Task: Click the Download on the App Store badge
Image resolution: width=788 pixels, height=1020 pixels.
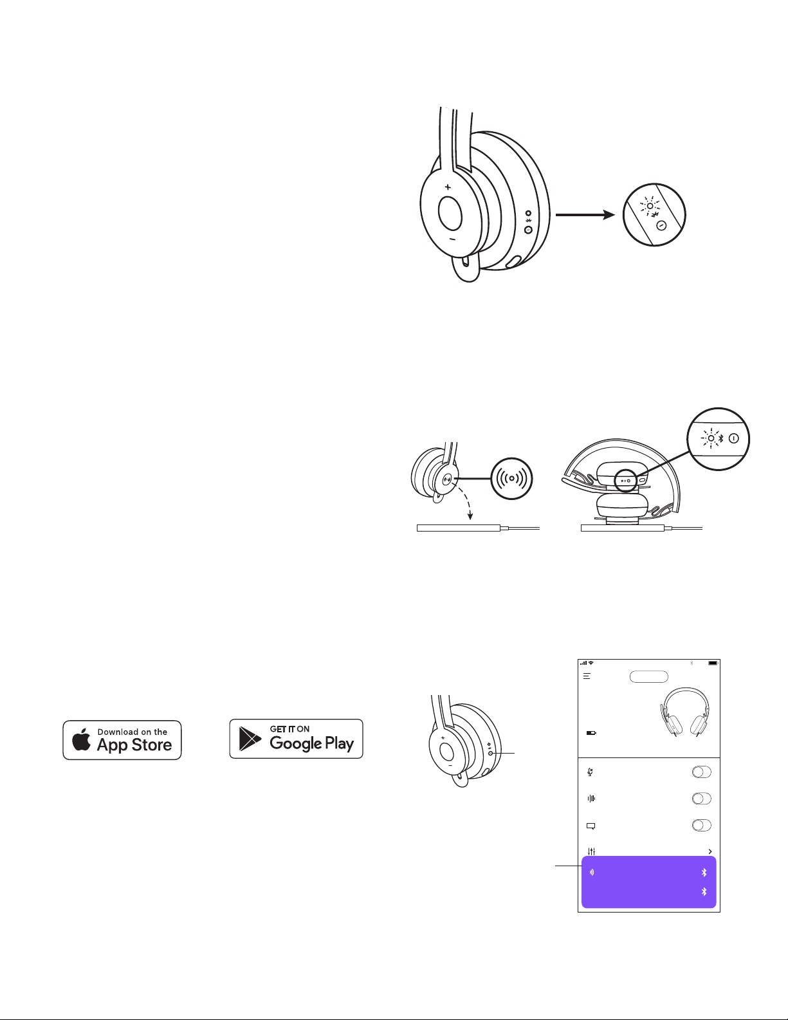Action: coord(122,740)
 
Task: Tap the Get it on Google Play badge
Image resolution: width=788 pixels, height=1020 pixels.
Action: coord(297,739)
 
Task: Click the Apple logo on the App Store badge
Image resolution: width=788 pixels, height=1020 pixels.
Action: coord(82,740)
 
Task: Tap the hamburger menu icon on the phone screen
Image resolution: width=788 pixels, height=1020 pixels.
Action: coord(587,676)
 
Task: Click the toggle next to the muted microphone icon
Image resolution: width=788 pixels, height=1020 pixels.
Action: coord(701,772)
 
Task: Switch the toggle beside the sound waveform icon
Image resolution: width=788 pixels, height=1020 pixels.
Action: coord(701,799)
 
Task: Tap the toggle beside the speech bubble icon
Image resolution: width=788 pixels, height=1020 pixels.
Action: coord(701,826)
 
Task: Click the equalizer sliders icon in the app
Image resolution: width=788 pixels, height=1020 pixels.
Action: coord(591,851)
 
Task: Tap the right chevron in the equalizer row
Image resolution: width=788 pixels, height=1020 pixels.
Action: coord(710,851)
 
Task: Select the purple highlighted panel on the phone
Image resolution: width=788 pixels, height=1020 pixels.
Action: coord(648,882)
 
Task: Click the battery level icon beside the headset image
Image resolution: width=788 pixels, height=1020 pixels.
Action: coord(591,732)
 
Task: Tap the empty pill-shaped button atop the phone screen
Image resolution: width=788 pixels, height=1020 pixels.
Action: coord(648,676)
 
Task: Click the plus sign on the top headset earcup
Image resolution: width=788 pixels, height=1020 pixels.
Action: coord(448,187)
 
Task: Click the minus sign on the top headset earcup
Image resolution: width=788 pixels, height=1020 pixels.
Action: coord(452,239)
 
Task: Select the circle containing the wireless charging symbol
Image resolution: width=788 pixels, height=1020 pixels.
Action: coord(511,478)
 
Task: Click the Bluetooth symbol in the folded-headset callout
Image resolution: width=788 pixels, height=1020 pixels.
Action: coord(721,437)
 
